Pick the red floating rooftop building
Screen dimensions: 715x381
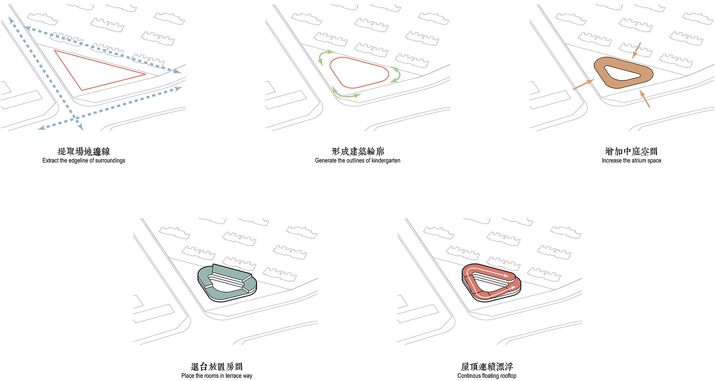(x=492, y=296)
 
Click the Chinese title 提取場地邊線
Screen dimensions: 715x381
(x=84, y=151)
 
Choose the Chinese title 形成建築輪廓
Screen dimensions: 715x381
(x=358, y=151)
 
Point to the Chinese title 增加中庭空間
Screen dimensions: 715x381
(x=631, y=151)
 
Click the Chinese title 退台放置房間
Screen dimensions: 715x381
(x=217, y=367)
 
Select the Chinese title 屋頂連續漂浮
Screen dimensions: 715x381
(x=487, y=367)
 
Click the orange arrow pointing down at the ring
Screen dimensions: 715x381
(x=636, y=51)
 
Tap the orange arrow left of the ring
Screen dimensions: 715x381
(x=583, y=84)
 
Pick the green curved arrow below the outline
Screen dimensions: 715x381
(x=346, y=95)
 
